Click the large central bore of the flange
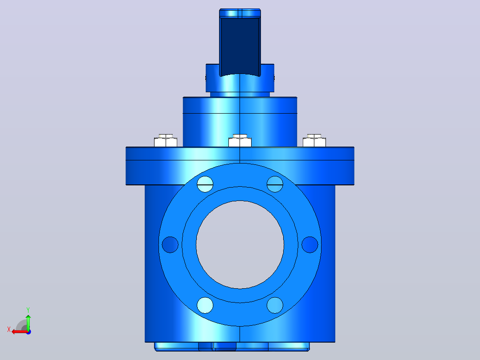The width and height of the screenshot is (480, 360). pos(240,245)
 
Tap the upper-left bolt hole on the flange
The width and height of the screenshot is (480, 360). pos(205,184)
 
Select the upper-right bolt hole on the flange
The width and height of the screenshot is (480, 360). pos(275,184)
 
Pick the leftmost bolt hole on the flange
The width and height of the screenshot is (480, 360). pos(170,245)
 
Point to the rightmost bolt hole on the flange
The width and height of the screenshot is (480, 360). pos(310,245)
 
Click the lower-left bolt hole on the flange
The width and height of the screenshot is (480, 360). pos(205,305)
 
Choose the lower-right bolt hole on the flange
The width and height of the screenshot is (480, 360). pos(275,305)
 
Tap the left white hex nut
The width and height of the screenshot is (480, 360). pos(166,141)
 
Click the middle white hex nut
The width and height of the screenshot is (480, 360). pos(240,141)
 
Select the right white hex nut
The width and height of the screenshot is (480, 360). pos(314,141)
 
